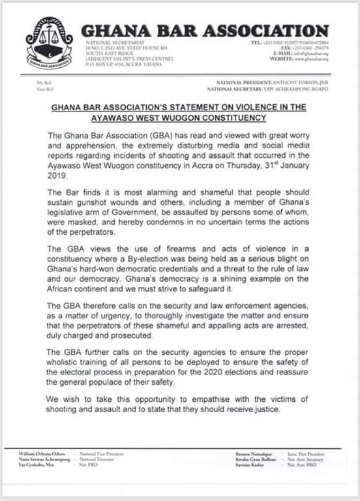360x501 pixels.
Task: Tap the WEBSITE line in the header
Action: click(293, 59)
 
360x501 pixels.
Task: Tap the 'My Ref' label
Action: click(44, 83)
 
